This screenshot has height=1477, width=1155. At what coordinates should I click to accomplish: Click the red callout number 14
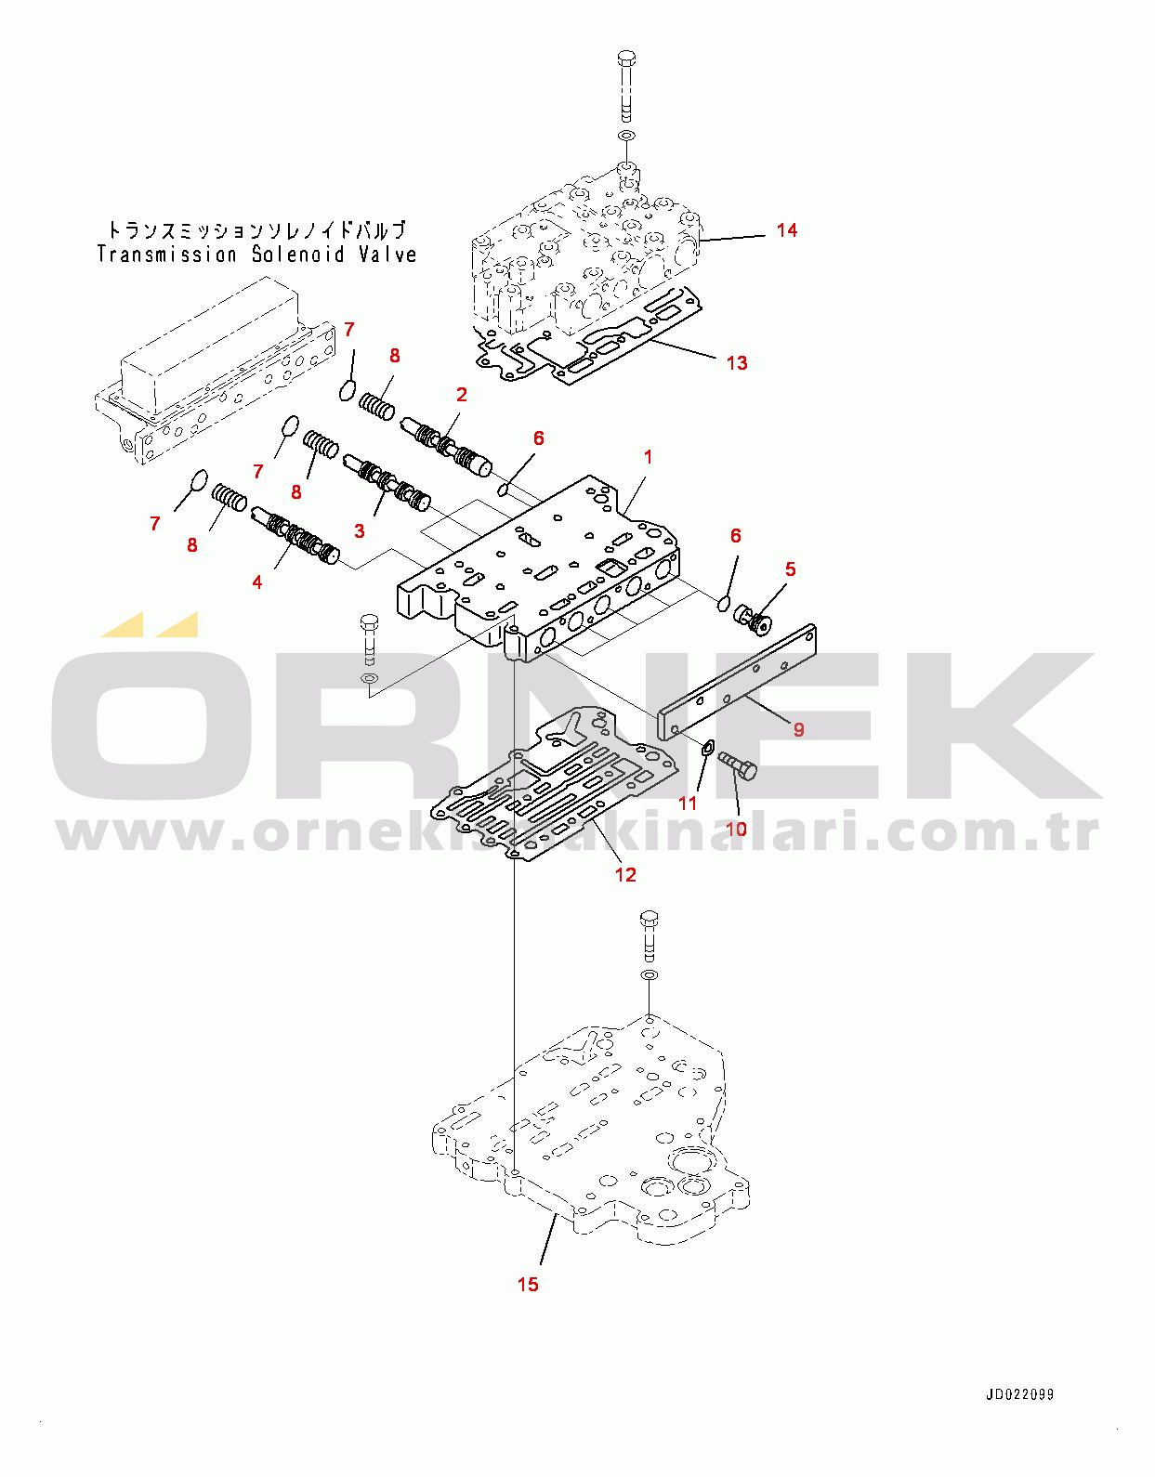coord(786,230)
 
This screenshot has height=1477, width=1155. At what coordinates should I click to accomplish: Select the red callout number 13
coord(737,363)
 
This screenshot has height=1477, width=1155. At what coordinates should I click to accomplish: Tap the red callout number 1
coord(648,457)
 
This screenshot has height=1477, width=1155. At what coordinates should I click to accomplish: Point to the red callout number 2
coord(462,395)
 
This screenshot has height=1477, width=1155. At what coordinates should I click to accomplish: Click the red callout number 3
coord(360,531)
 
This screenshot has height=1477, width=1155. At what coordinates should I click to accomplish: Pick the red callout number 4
coord(257,582)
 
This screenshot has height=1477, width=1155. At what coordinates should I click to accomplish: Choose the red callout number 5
coord(790,569)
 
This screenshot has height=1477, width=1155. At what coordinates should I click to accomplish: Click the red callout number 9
coord(799,729)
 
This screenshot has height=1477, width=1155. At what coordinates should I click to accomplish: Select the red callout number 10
coord(736,830)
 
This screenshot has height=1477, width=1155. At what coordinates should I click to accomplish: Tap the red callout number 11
coord(688,804)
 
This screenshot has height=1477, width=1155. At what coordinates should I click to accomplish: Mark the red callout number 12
coord(625,875)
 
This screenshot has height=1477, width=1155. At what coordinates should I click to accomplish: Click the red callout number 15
coord(528,1285)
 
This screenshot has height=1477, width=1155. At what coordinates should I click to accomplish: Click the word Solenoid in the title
coord(299,255)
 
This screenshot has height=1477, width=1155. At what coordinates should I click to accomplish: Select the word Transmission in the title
coord(166,255)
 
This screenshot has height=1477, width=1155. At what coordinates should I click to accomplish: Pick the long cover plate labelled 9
coord(737,682)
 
